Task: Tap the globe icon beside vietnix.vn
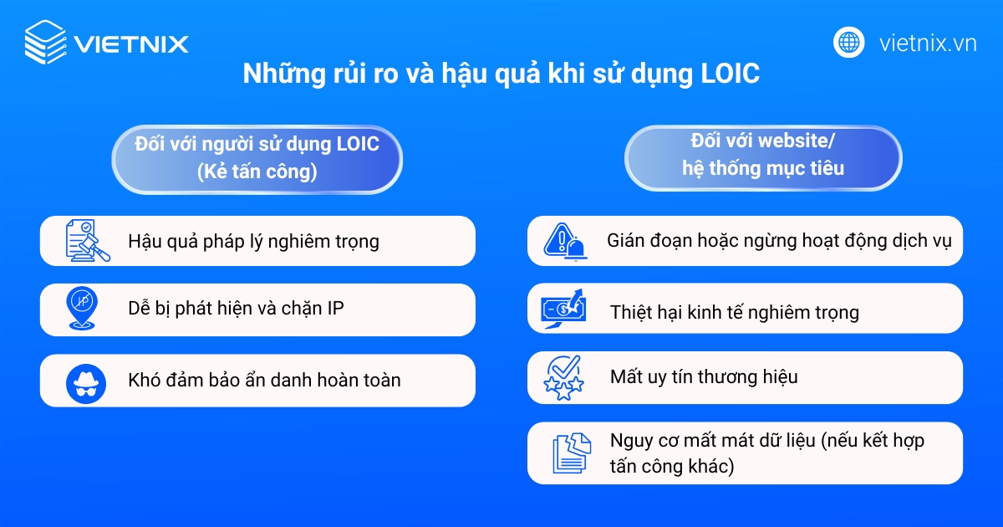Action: (848, 43)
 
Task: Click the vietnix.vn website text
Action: (927, 43)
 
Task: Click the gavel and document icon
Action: (88, 241)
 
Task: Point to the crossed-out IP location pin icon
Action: (83, 310)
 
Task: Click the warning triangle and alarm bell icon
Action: (566, 241)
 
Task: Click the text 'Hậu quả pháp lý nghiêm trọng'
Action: (253, 242)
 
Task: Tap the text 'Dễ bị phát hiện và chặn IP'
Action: (236, 308)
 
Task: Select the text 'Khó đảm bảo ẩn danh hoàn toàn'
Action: (264, 381)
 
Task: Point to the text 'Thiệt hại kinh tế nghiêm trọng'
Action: (734, 313)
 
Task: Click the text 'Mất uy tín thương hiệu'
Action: (704, 377)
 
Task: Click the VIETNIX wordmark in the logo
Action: (131, 43)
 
